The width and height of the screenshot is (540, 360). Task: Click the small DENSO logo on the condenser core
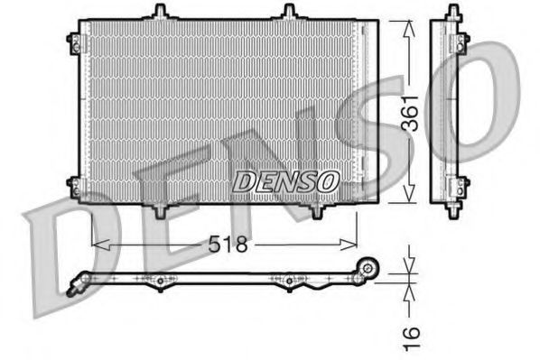click(x=285, y=181)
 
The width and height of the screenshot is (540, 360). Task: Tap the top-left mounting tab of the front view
click(x=160, y=12)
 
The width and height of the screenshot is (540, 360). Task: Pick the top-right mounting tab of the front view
click(x=289, y=12)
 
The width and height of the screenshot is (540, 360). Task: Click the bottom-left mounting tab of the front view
click(x=160, y=211)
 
